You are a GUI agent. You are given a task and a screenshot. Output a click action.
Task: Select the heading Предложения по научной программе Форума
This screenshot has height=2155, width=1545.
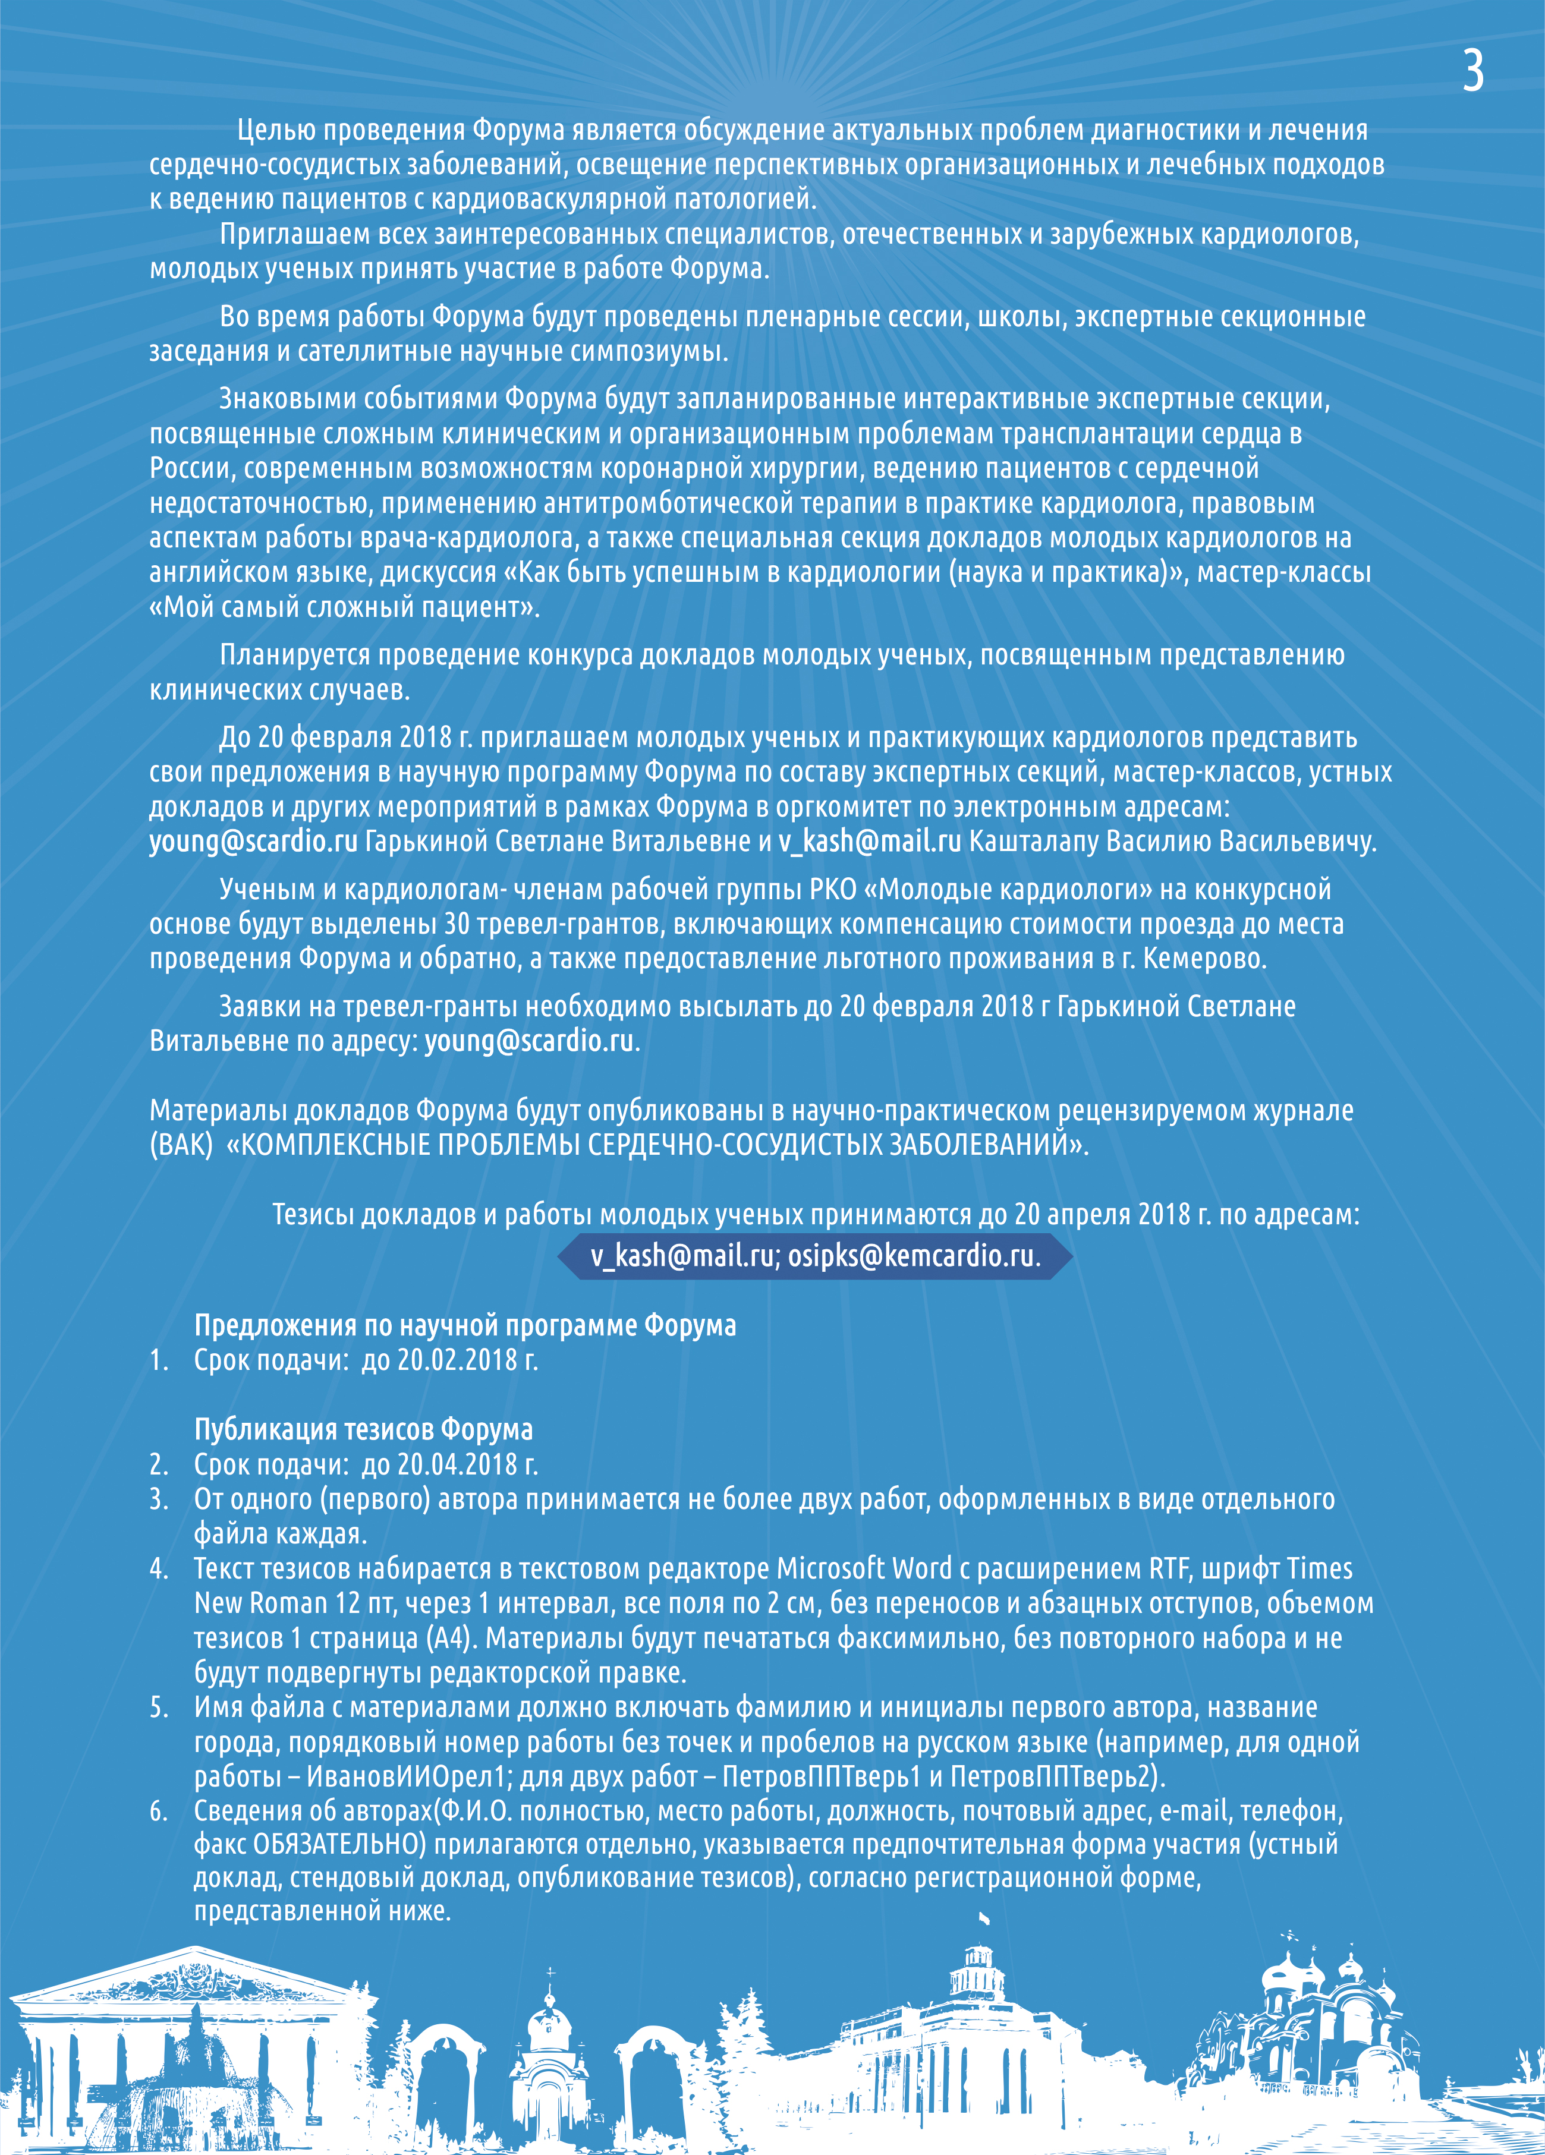pos(465,1325)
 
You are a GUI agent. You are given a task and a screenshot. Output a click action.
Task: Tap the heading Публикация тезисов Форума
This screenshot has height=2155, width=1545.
pos(363,1429)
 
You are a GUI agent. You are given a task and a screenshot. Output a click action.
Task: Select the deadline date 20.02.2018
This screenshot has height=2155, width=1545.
pos(458,1360)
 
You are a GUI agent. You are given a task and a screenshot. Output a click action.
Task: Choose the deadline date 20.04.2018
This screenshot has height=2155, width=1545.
pos(458,1464)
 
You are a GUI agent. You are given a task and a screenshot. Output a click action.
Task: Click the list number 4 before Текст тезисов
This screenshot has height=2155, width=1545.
pos(158,1569)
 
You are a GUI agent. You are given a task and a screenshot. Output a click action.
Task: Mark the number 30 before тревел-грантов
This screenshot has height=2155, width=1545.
pos(458,925)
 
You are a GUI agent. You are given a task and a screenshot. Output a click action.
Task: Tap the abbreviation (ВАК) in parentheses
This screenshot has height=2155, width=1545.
pos(181,1145)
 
